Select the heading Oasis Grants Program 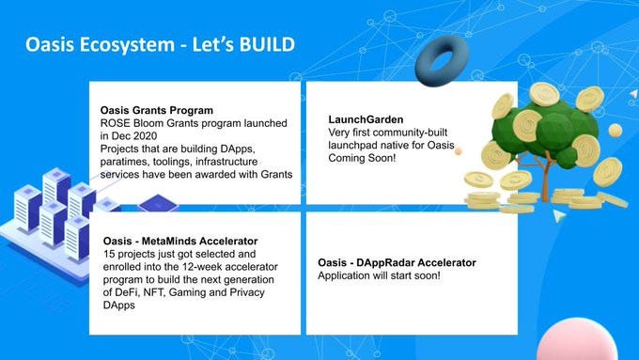(x=157, y=111)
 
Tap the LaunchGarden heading (x=366, y=119)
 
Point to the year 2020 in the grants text (x=144, y=135)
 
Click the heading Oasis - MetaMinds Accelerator (x=180, y=241)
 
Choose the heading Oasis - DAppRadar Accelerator (x=397, y=262)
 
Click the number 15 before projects (x=109, y=254)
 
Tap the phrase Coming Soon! (x=362, y=158)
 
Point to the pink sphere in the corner (x=577, y=339)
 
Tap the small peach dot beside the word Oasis (x=459, y=151)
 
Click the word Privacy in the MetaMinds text (x=247, y=292)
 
